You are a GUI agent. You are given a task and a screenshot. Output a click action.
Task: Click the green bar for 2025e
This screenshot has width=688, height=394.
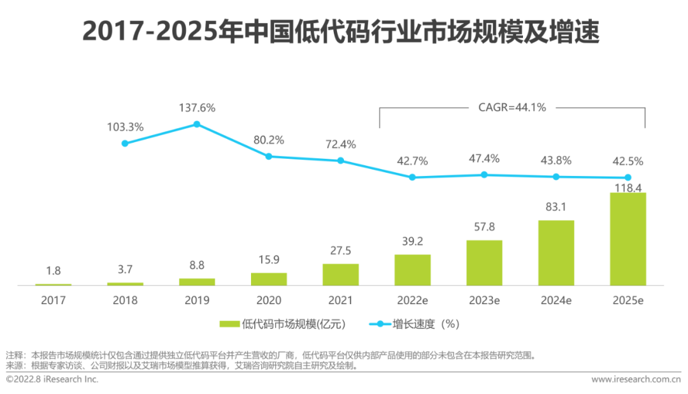[x=627, y=239]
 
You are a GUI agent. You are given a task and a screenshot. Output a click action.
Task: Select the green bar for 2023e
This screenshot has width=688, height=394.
[x=484, y=263]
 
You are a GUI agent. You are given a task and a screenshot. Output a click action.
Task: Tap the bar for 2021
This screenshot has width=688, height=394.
[x=340, y=275]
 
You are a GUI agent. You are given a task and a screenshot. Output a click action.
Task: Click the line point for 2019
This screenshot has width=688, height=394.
[x=197, y=124]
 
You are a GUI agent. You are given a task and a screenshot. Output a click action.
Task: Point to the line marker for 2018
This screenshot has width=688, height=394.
[x=125, y=143]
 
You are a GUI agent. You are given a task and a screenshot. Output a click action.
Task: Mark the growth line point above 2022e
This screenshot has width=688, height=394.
[x=412, y=177]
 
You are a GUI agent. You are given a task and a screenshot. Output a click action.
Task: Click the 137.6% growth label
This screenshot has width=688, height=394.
[x=197, y=108]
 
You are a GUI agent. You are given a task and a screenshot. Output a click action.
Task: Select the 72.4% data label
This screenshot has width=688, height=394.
[x=340, y=144]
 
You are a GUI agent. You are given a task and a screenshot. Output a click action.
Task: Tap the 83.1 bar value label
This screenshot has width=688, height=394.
[x=555, y=207]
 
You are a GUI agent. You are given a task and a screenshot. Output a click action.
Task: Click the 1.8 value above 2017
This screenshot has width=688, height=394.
[x=53, y=270]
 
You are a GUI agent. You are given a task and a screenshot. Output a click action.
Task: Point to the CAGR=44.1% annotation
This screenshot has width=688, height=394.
[x=512, y=107]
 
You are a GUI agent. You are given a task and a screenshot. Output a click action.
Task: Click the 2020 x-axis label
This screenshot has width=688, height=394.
[x=268, y=300]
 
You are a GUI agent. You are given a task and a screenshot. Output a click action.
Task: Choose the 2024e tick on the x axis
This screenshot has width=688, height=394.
[x=555, y=300]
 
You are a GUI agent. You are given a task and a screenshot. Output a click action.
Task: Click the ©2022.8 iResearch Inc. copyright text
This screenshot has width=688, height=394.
[x=52, y=379]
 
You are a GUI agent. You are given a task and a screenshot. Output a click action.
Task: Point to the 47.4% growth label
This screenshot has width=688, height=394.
[x=484, y=158]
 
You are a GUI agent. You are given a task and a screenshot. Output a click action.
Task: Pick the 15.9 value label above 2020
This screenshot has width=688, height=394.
[x=268, y=259]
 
